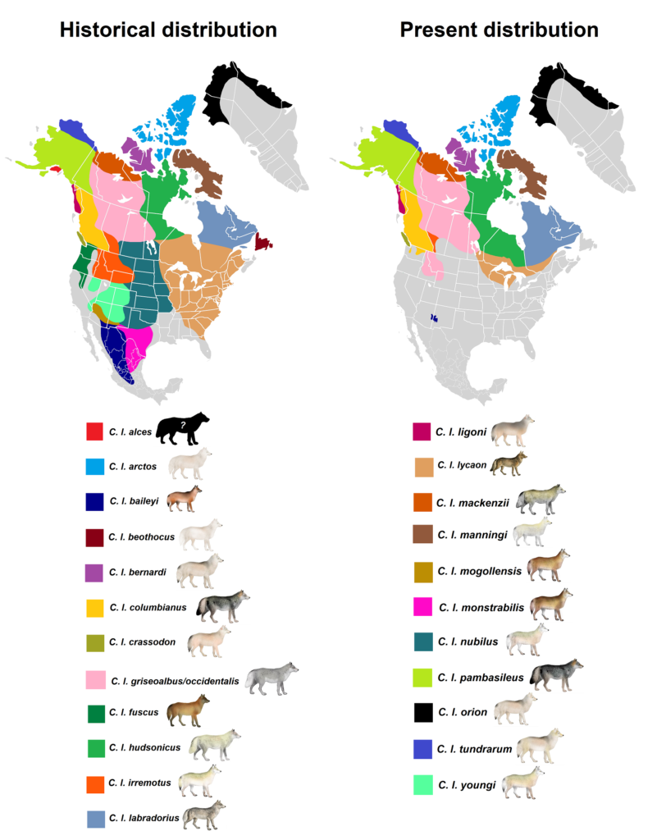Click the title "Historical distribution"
tap(168, 30)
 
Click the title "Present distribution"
tap(499, 30)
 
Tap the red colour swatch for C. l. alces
tap(95, 431)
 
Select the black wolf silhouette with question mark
tap(182, 428)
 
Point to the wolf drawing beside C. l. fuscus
tap(188, 710)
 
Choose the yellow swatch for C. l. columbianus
tap(95, 609)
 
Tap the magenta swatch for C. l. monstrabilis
tap(423, 608)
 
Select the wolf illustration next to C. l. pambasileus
tap(556, 674)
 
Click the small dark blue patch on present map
tap(434, 317)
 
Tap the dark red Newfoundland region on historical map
tap(263, 241)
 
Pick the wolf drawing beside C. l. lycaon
tap(509, 463)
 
